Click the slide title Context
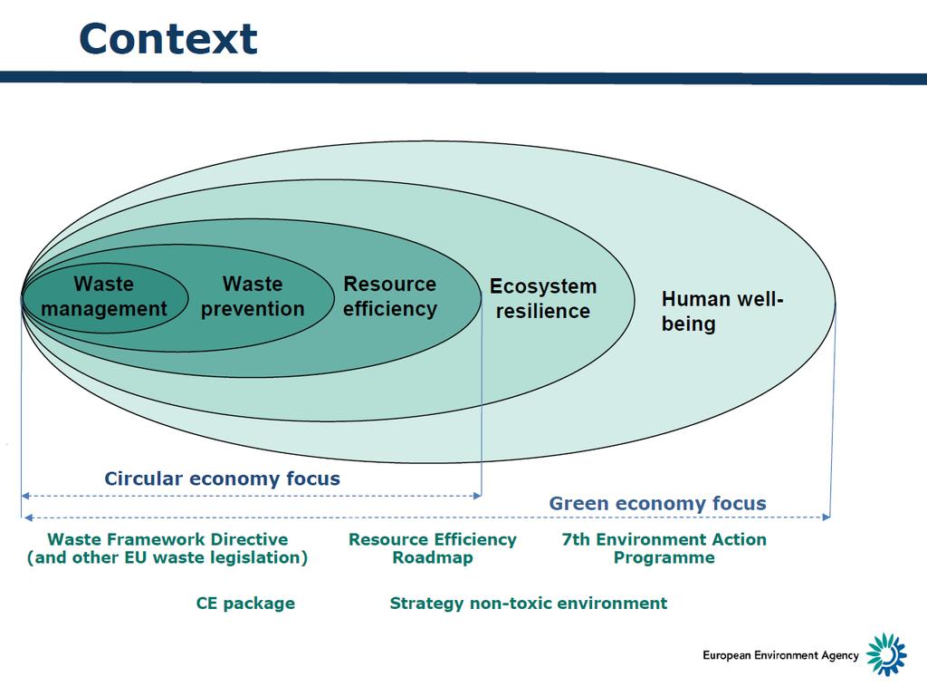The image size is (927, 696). (x=167, y=39)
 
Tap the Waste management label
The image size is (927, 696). (x=104, y=296)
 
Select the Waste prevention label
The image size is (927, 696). (x=253, y=296)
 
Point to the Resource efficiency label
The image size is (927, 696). (x=390, y=296)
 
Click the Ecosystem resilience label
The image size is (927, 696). (x=543, y=299)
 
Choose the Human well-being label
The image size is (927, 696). (x=722, y=312)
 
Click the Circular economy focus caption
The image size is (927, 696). (x=223, y=478)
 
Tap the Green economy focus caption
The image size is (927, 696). (x=657, y=503)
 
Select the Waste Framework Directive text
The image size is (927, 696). (x=167, y=540)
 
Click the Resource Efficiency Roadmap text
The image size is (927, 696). (x=433, y=548)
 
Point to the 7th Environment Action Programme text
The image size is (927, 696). (x=664, y=548)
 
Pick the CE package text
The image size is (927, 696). (x=245, y=604)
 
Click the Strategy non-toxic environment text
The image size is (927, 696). (x=529, y=604)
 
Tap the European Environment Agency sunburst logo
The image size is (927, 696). (x=886, y=654)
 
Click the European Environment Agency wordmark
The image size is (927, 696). (x=780, y=656)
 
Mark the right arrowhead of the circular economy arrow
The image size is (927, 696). (x=478, y=496)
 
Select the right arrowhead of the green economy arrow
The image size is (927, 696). (x=827, y=517)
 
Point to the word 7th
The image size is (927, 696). (x=576, y=540)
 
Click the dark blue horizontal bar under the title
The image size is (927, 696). (x=463, y=78)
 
